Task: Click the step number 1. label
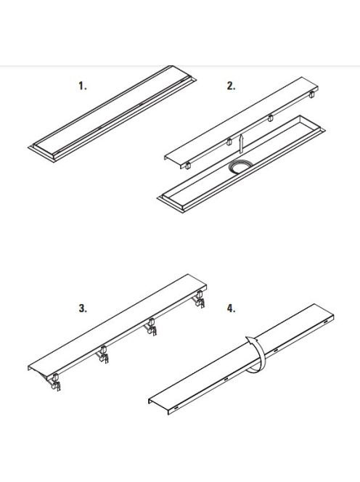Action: pyautogui.click(x=83, y=86)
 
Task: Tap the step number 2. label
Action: pyautogui.click(x=231, y=86)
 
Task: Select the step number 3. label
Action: pyautogui.click(x=83, y=309)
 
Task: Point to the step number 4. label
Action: pyautogui.click(x=231, y=309)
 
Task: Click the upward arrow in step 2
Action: pyautogui.click(x=242, y=144)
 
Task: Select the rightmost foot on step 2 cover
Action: pyautogui.click(x=311, y=94)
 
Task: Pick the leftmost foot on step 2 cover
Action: pyautogui.click(x=187, y=165)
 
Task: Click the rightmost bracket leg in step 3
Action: pyautogui.click(x=199, y=299)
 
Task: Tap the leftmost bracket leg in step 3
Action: pyautogui.click(x=54, y=382)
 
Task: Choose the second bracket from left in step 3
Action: pyautogui.click(x=103, y=354)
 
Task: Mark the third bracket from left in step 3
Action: pyautogui.click(x=151, y=327)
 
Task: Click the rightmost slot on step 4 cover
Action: pyautogui.click(x=325, y=322)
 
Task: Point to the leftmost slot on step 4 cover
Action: pyautogui.click(x=176, y=408)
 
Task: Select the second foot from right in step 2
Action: pyautogui.click(x=270, y=118)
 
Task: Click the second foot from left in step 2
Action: pyautogui.click(x=229, y=142)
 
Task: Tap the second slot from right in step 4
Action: pyautogui.click(x=276, y=351)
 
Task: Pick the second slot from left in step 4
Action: pyautogui.click(x=226, y=379)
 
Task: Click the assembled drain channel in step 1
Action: pyautogui.click(x=112, y=114)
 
